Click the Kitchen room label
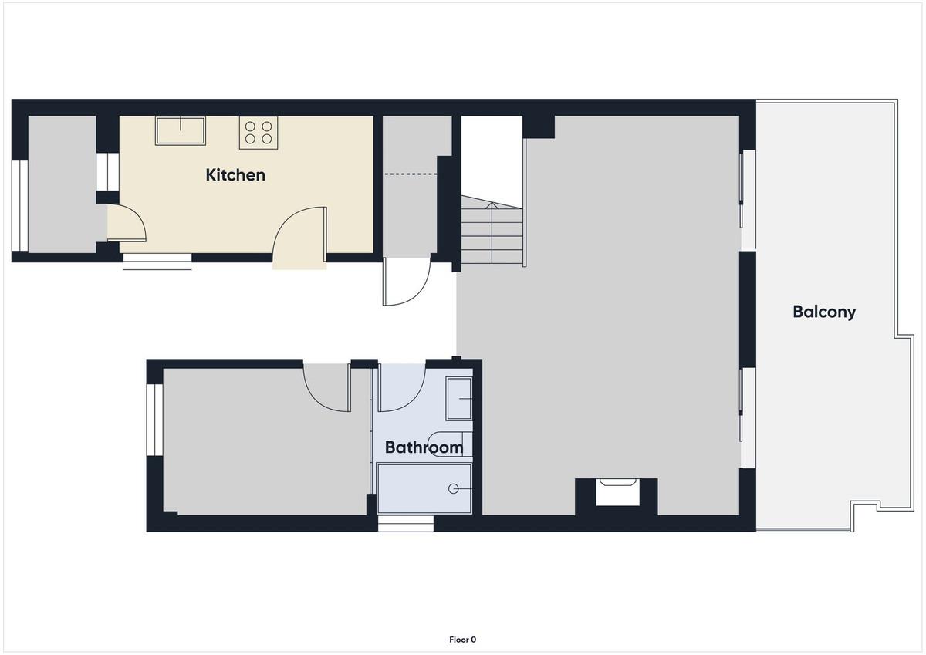(235, 175)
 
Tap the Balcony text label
(824, 312)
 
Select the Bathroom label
(424, 447)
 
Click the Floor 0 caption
(462, 640)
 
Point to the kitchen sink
(181, 130)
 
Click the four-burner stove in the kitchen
(259, 132)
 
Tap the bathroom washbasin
(459, 399)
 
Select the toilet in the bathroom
(450, 444)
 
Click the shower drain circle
(453, 489)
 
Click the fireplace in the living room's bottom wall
(617, 491)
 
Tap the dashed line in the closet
(411, 174)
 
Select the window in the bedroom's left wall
(155, 420)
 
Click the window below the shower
(406, 523)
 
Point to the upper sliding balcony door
(748, 200)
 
